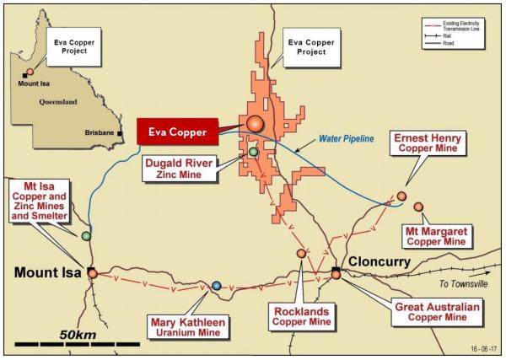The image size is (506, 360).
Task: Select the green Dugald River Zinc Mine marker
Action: pos(253,152)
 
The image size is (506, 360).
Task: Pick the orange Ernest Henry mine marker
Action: pos(401,196)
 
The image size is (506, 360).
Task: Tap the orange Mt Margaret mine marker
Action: pos(418,207)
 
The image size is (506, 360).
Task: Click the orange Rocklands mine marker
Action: pos(301,253)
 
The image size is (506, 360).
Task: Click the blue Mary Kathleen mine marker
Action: pos(217,286)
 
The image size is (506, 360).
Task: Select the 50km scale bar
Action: pos(77,344)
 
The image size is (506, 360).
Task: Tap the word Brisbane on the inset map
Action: pos(100,133)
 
